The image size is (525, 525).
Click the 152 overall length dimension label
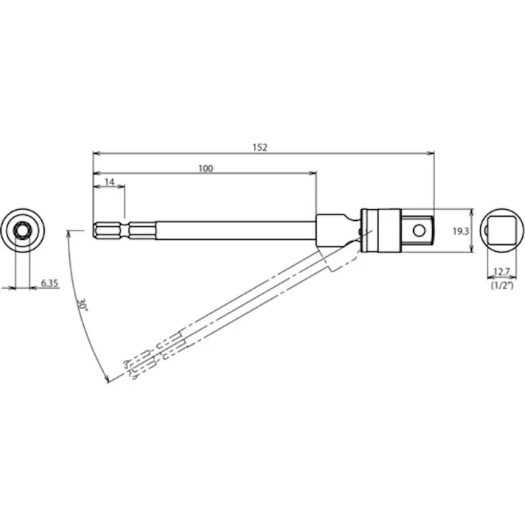[x=260, y=147]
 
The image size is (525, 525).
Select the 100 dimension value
[x=205, y=169]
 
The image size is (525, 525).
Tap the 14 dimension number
[x=110, y=182]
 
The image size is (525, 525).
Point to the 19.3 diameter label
[x=461, y=231]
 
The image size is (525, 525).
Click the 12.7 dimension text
[x=501, y=272]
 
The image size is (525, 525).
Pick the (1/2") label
[x=502, y=285]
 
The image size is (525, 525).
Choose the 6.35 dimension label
[x=49, y=283]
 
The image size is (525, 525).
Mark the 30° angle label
[x=81, y=305]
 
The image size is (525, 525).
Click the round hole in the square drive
[x=419, y=230]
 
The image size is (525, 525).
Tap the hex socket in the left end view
[x=23, y=230]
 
